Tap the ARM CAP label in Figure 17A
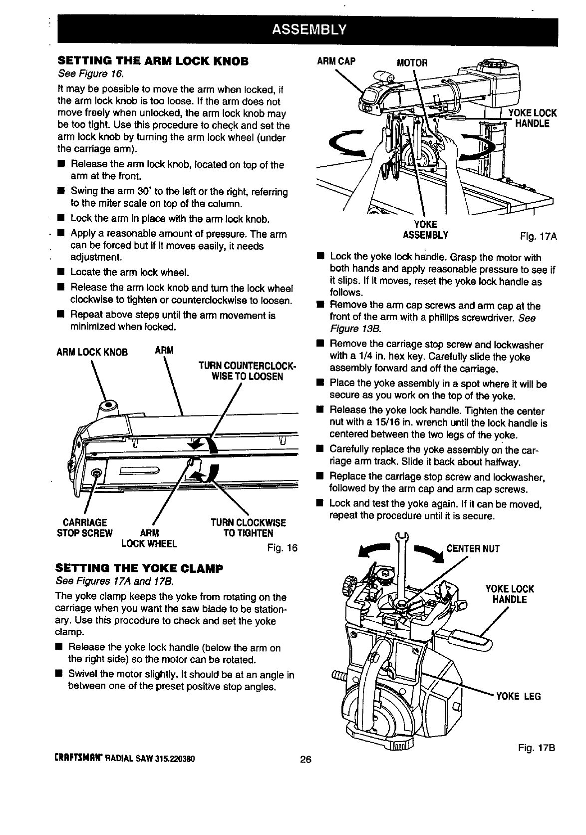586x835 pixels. coord(336,61)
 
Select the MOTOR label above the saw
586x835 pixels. coord(412,62)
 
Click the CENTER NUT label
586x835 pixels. coord(473,549)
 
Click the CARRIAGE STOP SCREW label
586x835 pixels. coord(84,527)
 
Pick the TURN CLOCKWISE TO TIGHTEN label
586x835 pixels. coord(248,527)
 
